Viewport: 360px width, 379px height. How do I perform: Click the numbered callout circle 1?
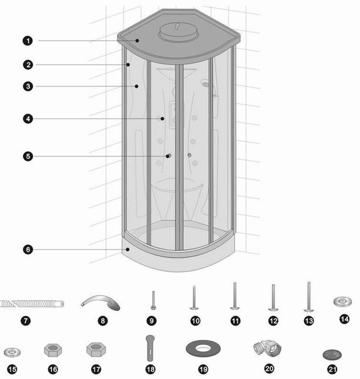click(x=28, y=41)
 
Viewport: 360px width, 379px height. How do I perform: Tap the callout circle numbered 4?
click(x=28, y=119)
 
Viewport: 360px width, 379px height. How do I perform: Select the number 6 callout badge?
click(x=28, y=249)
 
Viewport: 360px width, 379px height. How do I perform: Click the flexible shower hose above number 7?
click(x=32, y=303)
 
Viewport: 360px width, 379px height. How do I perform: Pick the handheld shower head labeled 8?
click(x=102, y=302)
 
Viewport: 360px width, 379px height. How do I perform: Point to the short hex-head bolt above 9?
click(x=153, y=300)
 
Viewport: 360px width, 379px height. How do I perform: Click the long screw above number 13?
click(x=309, y=297)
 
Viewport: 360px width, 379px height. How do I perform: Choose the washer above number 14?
click(x=342, y=301)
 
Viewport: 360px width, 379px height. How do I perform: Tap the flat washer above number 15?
click(x=12, y=352)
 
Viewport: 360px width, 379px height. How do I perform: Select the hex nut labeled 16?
click(x=53, y=350)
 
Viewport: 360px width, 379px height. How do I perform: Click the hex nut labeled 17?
click(x=96, y=350)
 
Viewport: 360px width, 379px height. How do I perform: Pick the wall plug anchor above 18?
click(x=150, y=348)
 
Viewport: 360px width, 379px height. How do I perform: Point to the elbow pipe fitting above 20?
click(x=267, y=348)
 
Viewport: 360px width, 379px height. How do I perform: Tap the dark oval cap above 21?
click(x=332, y=354)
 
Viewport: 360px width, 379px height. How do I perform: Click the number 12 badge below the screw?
click(x=273, y=321)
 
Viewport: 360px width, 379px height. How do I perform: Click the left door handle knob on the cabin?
click(x=169, y=156)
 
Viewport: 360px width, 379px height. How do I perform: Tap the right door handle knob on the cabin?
click(x=190, y=155)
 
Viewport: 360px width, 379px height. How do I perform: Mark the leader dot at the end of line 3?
click(x=136, y=86)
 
